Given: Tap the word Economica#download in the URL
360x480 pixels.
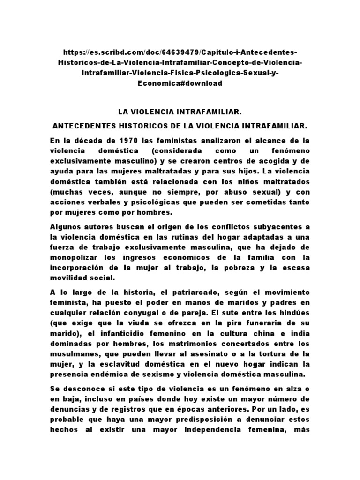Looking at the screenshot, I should click(180, 84).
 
